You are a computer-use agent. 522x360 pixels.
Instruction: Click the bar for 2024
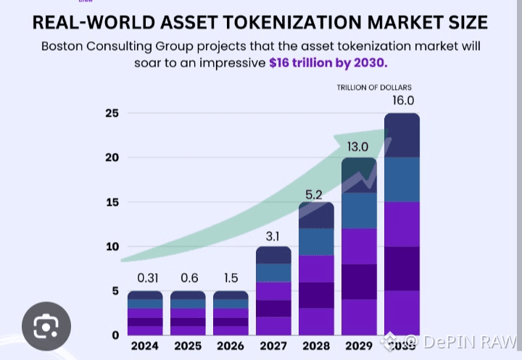pos(145,313)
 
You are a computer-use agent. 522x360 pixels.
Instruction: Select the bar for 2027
pos(273,290)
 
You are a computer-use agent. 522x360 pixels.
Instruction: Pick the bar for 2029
pos(359,246)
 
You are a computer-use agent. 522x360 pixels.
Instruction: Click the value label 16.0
pos(403,101)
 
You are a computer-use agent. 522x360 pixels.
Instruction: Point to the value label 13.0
pos(357,147)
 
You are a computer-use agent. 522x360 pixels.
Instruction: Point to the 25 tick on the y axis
pos(112,114)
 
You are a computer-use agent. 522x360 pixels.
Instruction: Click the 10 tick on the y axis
pos(112,247)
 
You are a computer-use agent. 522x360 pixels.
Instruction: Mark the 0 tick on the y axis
pos(115,335)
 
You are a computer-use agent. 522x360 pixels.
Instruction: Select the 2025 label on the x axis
pos(188,346)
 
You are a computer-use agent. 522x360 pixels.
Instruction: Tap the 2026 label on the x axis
pos(231,346)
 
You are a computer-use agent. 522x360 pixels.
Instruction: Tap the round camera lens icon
pos(46,326)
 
